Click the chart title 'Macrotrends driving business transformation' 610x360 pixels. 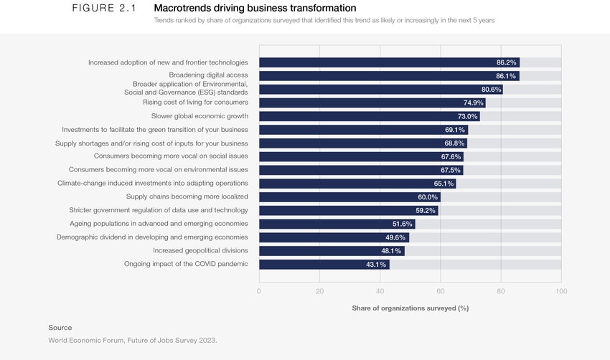(255, 8)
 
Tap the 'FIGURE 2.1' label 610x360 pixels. (104, 8)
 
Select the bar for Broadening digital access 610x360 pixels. (388, 76)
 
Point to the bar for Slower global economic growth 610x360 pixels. (369, 116)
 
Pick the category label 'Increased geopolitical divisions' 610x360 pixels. (200, 251)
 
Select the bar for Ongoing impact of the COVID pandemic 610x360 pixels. (324, 265)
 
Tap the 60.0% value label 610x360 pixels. (428, 197)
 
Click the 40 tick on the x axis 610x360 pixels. (380, 291)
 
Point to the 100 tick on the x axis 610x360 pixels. (561, 291)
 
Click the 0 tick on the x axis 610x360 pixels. (259, 291)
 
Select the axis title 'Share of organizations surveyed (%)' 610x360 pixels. (410, 308)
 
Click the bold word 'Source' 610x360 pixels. (60, 328)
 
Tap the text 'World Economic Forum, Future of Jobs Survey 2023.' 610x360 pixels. (132, 340)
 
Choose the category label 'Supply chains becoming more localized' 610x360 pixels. (187, 196)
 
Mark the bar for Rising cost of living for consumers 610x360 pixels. (372, 103)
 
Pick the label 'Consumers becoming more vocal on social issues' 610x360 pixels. (171, 156)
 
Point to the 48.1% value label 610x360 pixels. (392, 251)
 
